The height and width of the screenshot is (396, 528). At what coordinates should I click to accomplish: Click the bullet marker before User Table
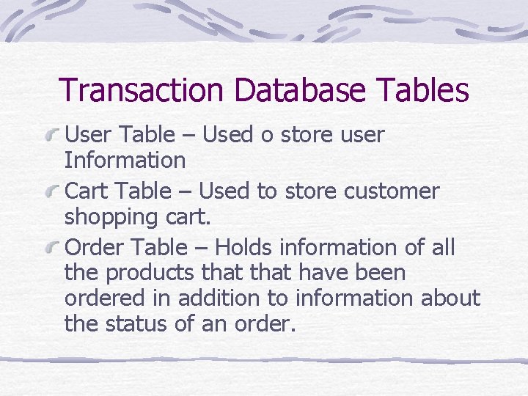click(x=51, y=135)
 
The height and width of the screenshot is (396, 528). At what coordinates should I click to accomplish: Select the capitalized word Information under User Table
click(x=125, y=159)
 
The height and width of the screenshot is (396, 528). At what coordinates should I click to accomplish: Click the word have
click(x=323, y=273)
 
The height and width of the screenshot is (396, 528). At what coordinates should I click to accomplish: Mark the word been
click(x=381, y=273)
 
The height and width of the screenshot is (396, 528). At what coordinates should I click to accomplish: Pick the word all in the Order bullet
click(x=443, y=248)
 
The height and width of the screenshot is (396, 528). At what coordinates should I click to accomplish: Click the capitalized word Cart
click(x=86, y=192)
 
